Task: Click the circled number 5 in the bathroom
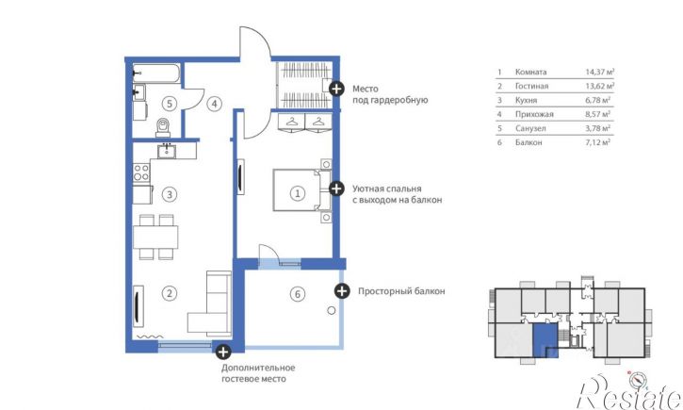[x=169, y=104]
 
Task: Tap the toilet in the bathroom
[x=163, y=127]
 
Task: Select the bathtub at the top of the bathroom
[x=156, y=73]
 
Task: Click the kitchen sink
[x=167, y=151]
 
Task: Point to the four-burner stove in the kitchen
[x=141, y=172]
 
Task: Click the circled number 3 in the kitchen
[x=170, y=194]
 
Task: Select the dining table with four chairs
[x=155, y=237]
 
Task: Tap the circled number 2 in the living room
[x=170, y=293]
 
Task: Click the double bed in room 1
[x=301, y=190]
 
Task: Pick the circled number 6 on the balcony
[x=298, y=294]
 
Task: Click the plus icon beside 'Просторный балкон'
[x=342, y=290]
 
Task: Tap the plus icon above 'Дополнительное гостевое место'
[x=223, y=352]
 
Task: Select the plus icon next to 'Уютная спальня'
[x=335, y=189]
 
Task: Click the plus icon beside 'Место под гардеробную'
[x=335, y=89]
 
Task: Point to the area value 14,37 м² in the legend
[x=600, y=72]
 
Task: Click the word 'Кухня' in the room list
[x=527, y=100]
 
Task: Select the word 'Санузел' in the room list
[x=530, y=128]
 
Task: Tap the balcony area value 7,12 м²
[x=597, y=142]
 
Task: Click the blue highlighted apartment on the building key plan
[x=545, y=340]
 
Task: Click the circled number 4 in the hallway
[x=214, y=104]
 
